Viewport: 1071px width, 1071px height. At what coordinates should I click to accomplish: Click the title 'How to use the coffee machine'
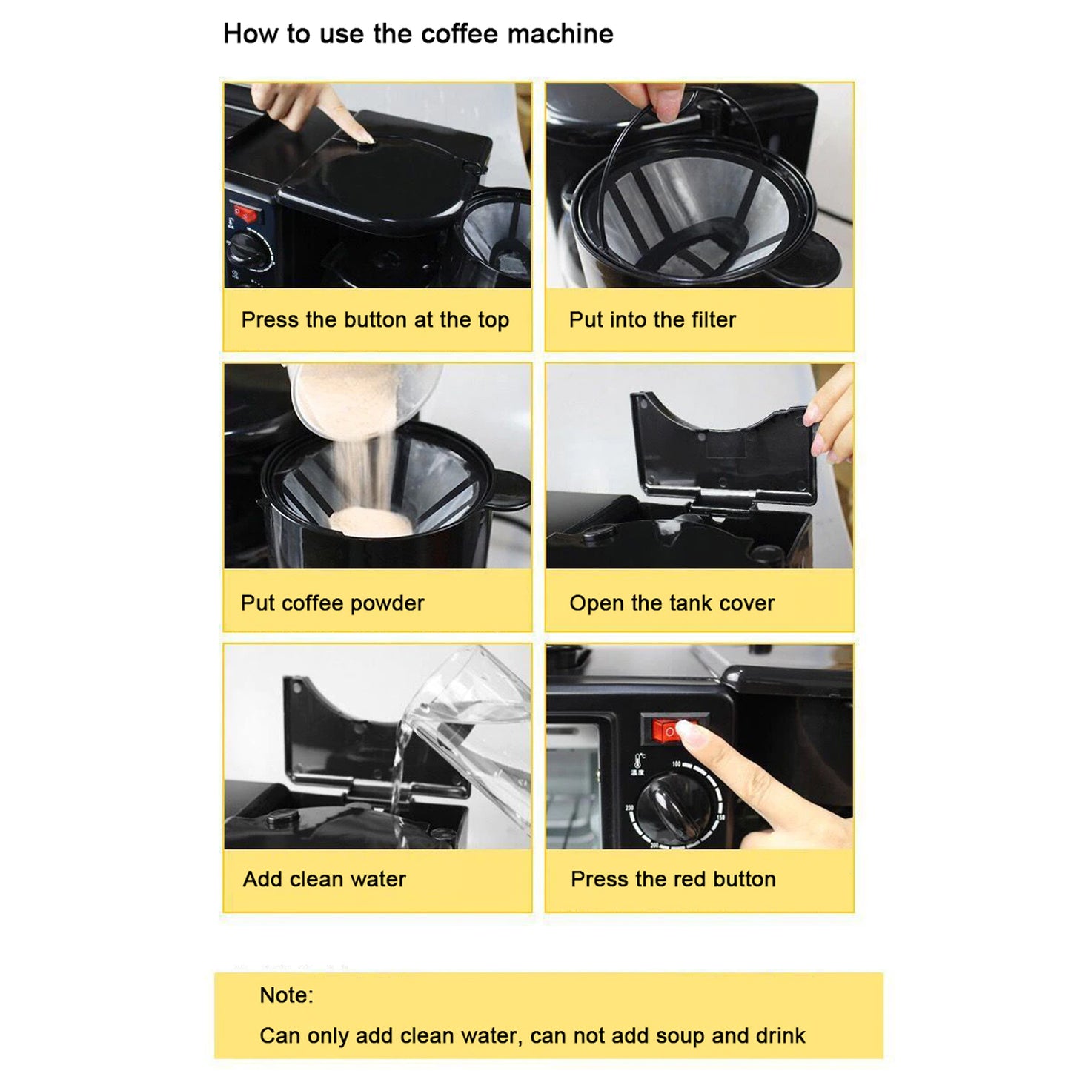pos(418,34)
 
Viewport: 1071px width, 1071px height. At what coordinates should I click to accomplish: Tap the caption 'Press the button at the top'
pos(375,320)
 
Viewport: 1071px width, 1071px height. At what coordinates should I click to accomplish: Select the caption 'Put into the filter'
pos(652,320)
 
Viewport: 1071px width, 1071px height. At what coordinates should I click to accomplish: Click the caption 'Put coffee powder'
pos(332,603)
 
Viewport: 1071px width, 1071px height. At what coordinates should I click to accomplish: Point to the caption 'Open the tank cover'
pos(672,603)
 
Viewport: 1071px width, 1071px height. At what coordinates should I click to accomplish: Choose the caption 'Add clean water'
pos(324,880)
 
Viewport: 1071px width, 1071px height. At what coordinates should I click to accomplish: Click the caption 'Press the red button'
pos(673,880)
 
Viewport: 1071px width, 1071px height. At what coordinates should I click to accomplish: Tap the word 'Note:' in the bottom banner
pos(286,995)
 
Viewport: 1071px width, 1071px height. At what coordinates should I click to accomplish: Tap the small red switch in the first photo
pos(245,215)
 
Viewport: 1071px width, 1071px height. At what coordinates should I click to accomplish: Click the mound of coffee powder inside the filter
pos(371,522)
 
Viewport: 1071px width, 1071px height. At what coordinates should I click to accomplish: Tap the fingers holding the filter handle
pos(652,100)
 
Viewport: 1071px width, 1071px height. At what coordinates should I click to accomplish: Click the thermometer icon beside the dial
pos(639,761)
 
